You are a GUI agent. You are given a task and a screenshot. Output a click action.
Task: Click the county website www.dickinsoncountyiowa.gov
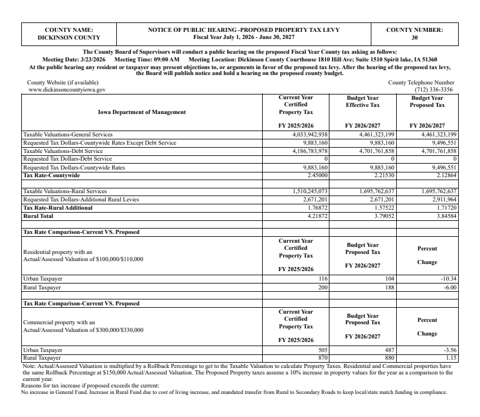67,90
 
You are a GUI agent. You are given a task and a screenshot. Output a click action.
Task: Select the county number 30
414,38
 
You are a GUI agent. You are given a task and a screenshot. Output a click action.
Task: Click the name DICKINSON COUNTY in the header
69,38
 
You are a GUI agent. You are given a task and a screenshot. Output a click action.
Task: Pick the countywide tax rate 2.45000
316,175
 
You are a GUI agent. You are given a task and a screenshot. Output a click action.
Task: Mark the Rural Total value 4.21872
316,216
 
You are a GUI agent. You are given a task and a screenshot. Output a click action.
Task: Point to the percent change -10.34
448,279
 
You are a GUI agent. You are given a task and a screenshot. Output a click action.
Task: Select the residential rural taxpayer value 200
322,287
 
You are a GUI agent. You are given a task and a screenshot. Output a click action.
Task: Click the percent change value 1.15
451,358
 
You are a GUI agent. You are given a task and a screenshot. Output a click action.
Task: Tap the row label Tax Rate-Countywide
51,175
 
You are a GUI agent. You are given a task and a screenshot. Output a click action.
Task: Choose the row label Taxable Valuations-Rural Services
65,191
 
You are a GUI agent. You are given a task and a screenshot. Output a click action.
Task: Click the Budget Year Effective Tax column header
363,102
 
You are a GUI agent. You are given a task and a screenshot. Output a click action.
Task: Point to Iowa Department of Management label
142,112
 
